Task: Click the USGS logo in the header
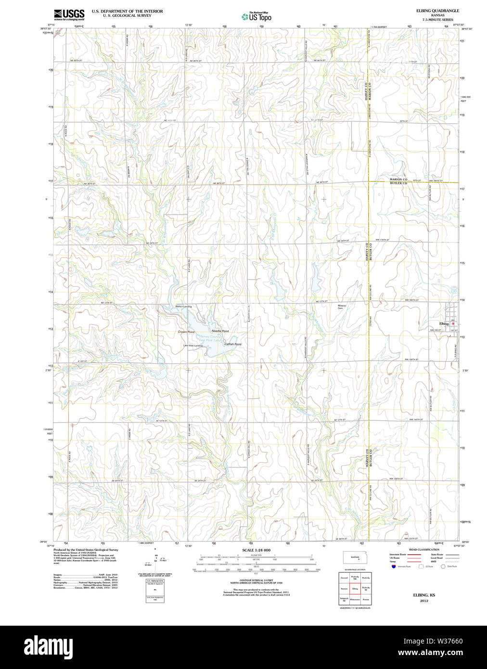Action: pyautogui.click(x=69, y=14)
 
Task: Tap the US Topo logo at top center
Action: pyautogui.click(x=256, y=17)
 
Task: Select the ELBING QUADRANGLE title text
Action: pyautogui.click(x=437, y=11)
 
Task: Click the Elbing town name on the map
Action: pyautogui.click(x=444, y=323)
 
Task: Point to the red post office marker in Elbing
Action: pyautogui.click(x=453, y=323)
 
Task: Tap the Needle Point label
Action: pyautogui.click(x=220, y=331)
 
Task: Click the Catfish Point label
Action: pyautogui.click(x=232, y=344)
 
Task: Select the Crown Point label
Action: pyautogui.click(x=186, y=332)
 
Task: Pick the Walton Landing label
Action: pyautogui.click(x=183, y=307)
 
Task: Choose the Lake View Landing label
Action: pyautogui.click(x=192, y=346)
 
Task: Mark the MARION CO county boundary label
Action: pyautogui.click(x=398, y=180)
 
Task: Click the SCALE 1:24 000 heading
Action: pyautogui.click(x=256, y=550)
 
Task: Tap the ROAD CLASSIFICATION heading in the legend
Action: pyautogui.click(x=423, y=549)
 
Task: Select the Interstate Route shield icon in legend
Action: pyautogui.click(x=393, y=566)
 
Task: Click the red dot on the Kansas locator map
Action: pyautogui.click(x=359, y=559)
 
